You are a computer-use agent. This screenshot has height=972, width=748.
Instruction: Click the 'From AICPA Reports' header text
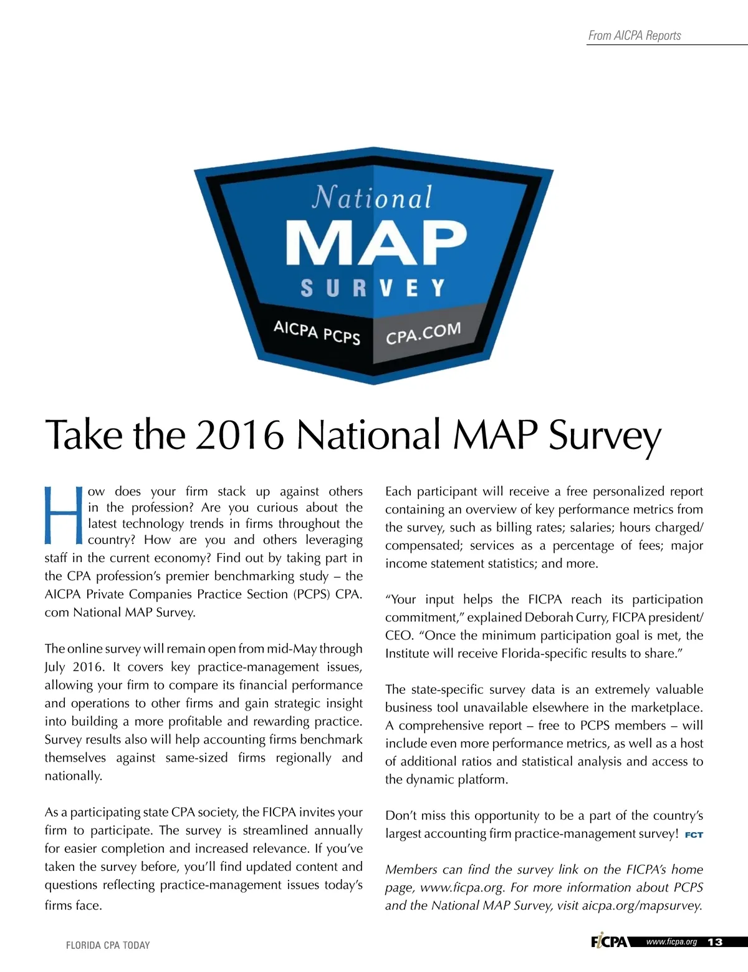tap(635, 36)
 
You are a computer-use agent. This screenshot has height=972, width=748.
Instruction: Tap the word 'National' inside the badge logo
tap(372, 198)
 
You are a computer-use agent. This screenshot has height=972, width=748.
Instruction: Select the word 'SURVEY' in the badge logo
tap(373, 288)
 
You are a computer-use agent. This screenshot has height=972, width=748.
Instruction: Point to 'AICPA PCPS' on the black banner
tap(317, 332)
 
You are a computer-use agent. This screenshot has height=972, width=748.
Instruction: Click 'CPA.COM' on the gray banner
tap(423, 333)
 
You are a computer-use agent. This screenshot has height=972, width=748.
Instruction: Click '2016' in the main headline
tap(240, 435)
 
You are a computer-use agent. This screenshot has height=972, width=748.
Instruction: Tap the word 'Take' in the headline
tap(84, 435)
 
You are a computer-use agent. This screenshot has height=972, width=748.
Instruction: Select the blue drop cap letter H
tap(64, 513)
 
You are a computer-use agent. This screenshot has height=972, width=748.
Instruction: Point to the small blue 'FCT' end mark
tap(694, 835)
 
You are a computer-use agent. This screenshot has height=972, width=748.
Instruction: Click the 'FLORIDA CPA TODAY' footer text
tap(108, 945)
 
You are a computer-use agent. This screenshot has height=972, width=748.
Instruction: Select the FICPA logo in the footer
tap(609, 941)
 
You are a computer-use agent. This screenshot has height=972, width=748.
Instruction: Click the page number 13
tap(715, 942)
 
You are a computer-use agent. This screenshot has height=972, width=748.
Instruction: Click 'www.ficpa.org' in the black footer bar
tap(671, 941)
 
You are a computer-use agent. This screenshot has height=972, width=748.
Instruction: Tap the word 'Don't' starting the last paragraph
tap(401, 815)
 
